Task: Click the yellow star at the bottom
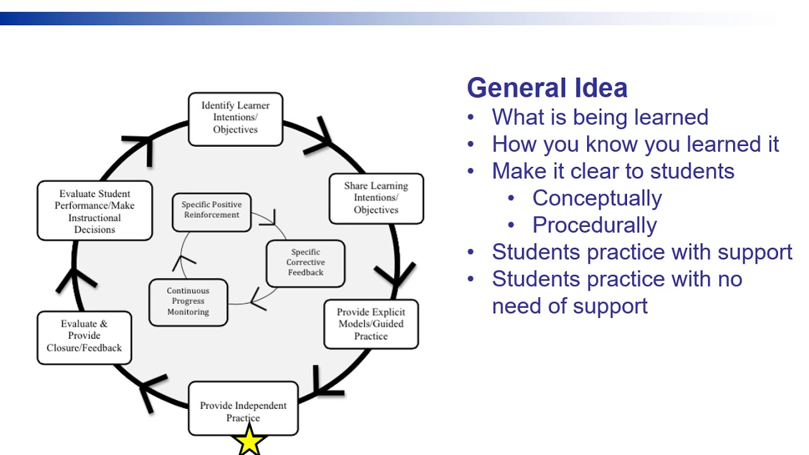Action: coord(250,440)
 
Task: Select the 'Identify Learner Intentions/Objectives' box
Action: coord(235,119)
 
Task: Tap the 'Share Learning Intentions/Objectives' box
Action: coord(376,198)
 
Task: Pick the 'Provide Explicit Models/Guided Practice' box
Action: coord(371,324)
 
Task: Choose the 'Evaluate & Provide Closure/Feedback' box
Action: coord(84,337)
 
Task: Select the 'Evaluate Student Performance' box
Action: coord(95,211)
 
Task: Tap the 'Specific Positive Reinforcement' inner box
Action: coord(211,211)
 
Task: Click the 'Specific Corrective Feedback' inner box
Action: coord(306,263)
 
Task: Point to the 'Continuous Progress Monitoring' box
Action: coord(188,302)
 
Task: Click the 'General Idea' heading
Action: coord(547,88)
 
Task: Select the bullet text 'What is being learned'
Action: coord(600,118)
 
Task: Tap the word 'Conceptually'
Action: coord(597,198)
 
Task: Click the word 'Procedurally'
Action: coord(594,226)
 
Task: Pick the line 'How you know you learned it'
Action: coord(635,145)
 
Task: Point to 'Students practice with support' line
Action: coord(642,252)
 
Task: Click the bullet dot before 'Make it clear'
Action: coord(471,172)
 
